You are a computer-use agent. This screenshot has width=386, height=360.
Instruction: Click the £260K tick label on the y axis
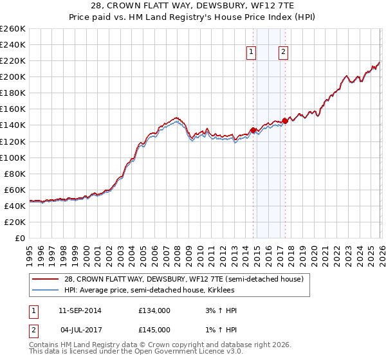(x=13, y=29)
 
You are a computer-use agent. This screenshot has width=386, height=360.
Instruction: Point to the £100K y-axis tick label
(x=13, y=157)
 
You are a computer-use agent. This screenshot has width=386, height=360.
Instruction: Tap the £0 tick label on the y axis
(x=19, y=238)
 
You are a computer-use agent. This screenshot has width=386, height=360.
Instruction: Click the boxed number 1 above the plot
(x=251, y=53)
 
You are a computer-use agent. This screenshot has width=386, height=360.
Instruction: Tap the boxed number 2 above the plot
(x=283, y=53)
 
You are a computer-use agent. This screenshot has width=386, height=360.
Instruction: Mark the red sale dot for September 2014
(x=253, y=130)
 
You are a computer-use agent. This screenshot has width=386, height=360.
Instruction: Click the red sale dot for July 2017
(x=285, y=121)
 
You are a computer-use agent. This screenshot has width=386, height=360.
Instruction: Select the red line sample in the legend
(x=46, y=279)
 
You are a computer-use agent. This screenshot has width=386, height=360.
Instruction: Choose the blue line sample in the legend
(x=46, y=290)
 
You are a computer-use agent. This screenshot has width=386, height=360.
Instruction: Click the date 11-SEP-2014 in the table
(x=80, y=310)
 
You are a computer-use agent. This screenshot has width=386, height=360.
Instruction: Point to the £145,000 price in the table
(x=154, y=330)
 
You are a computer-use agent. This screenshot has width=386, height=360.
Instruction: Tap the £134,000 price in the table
(x=154, y=310)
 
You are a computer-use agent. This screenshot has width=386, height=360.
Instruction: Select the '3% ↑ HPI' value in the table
(x=219, y=310)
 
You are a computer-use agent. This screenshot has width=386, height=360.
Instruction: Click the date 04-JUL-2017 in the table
(x=80, y=330)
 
